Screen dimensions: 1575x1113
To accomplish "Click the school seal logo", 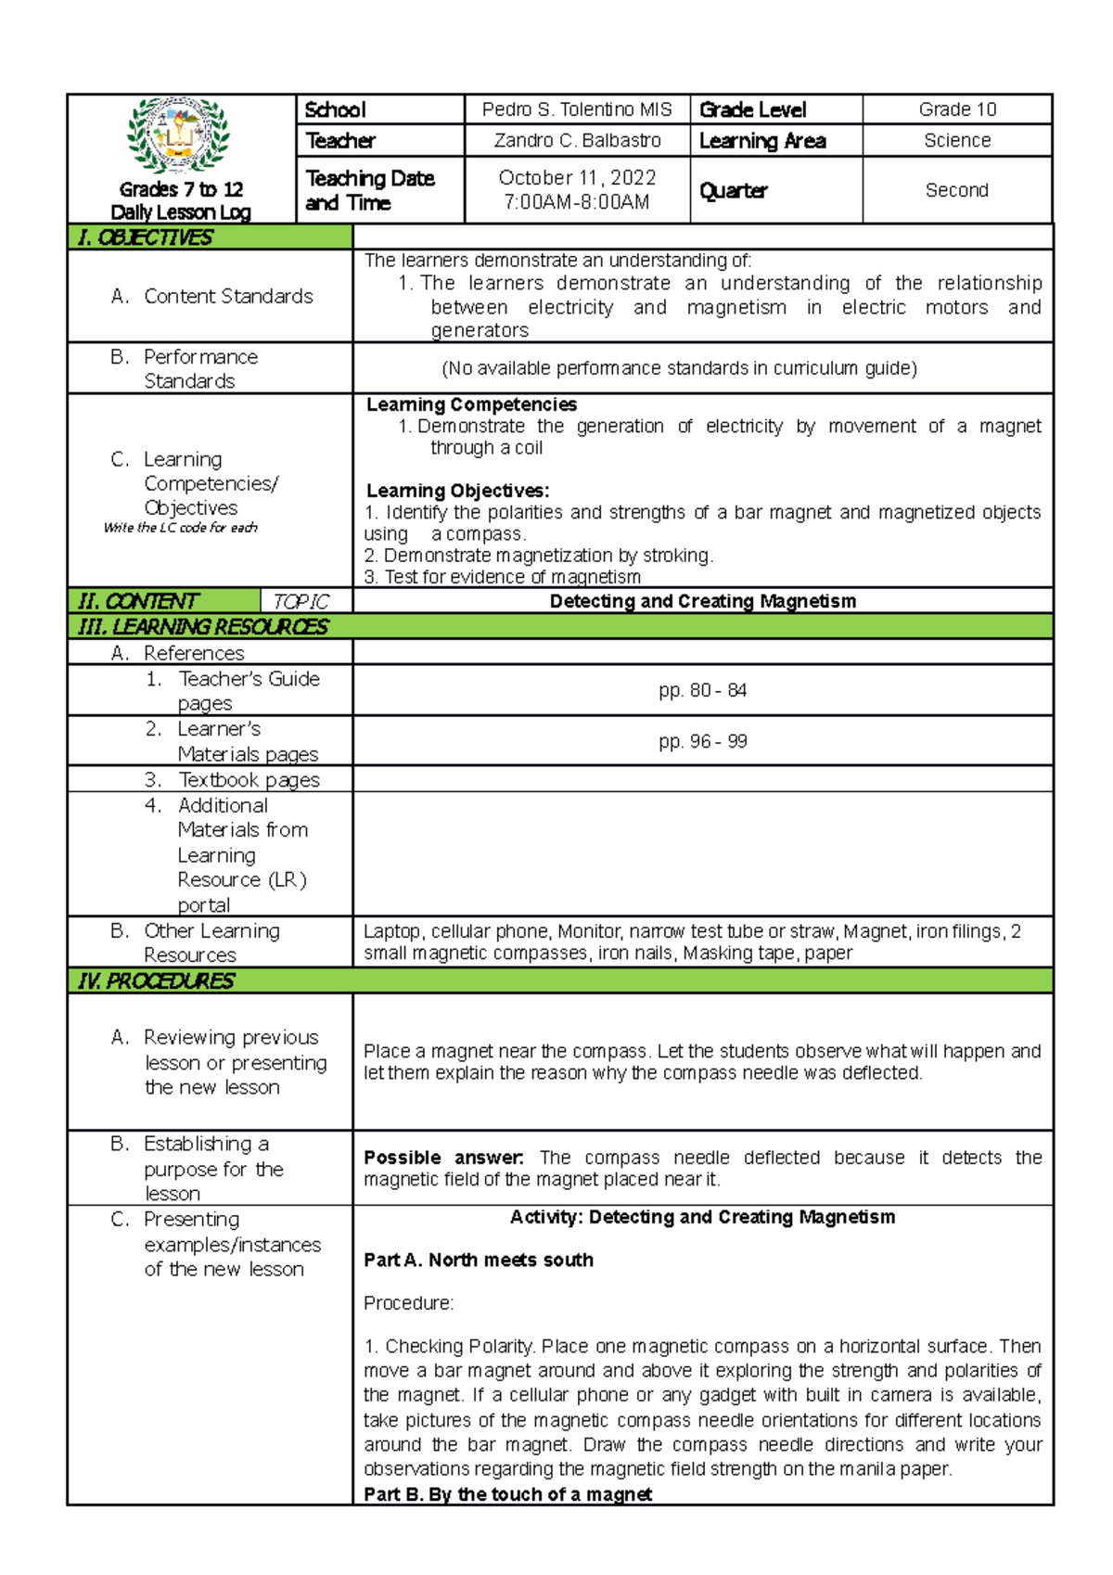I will point(179,135).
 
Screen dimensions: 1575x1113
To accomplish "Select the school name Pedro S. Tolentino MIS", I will point(577,109).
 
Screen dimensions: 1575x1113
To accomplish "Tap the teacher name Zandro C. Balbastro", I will point(577,141).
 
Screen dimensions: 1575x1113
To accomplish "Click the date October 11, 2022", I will point(577,177).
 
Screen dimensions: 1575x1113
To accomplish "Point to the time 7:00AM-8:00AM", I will point(577,202).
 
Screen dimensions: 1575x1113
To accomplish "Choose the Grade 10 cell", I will point(957,109).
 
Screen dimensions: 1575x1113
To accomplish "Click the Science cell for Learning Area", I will point(957,141).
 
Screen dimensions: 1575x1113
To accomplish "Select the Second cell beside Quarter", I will point(957,190).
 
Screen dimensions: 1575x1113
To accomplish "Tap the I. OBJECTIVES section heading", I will point(146,237).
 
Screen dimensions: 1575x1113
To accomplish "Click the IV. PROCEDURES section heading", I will point(157,980).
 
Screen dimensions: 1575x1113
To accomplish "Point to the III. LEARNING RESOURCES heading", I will point(203,627).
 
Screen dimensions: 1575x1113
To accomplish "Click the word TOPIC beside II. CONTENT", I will point(301,602).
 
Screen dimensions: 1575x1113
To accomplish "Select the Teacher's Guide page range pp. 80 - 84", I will point(702,690).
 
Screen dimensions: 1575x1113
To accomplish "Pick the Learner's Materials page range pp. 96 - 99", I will point(702,741).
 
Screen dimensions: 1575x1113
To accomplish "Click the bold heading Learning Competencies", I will point(471,404).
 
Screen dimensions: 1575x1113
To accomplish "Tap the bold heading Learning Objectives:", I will point(457,491).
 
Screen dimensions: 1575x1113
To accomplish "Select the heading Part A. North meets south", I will point(479,1260).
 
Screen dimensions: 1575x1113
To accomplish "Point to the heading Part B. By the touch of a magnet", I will point(507,1493).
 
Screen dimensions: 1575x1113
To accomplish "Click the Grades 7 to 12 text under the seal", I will point(181,189).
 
